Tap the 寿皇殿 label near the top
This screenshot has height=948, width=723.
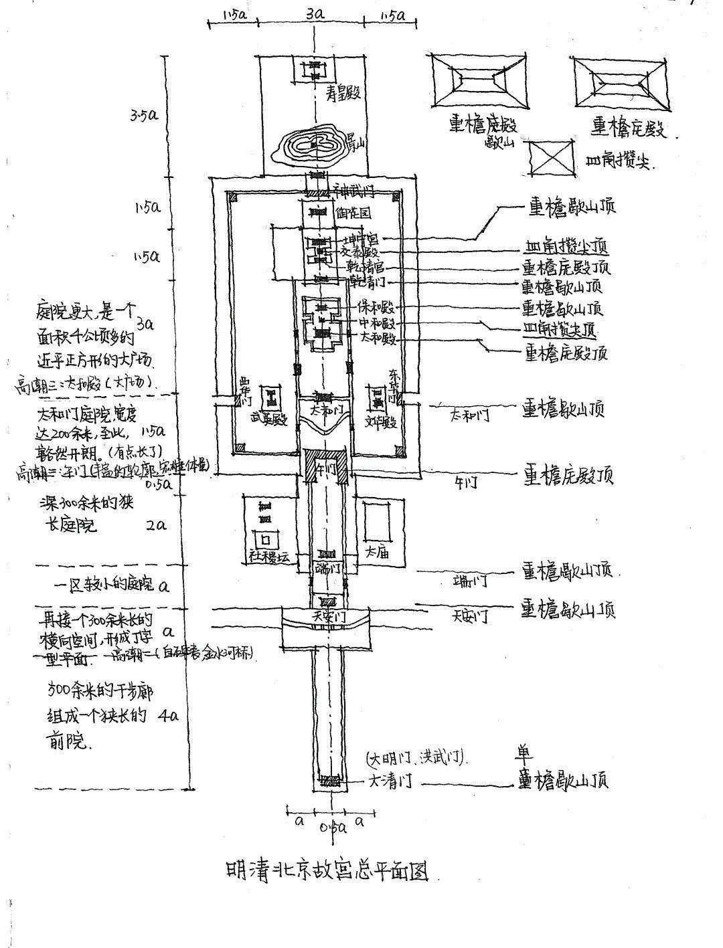coord(343,93)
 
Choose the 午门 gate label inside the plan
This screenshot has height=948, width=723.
coord(326,469)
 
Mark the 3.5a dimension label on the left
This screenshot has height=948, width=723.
coord(145,115)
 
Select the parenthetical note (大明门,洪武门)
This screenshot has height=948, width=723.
coord(416,759)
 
